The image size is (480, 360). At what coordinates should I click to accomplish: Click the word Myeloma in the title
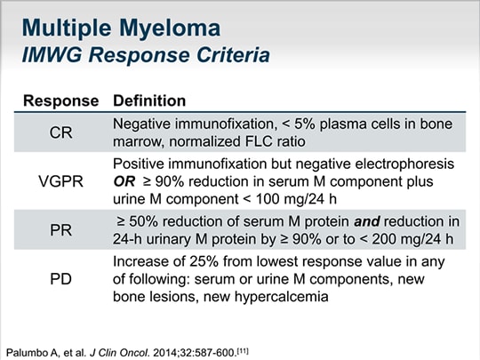(170, 29)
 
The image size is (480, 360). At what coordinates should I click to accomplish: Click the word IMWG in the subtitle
(52, 55)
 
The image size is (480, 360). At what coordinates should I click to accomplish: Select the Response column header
(61, 101)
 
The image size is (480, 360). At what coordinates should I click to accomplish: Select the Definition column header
(149, 100)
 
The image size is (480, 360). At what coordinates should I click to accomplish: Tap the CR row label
(61, 132)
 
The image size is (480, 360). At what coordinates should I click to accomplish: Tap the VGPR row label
(61, 181)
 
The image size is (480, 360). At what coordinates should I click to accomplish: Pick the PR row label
(61, 230)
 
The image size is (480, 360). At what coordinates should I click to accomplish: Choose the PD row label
(61, 279)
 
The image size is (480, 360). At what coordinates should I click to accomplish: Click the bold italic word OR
(124, 182)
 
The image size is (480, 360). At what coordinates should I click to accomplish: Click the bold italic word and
(367, 221)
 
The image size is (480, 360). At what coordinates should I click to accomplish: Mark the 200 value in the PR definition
(384, 239)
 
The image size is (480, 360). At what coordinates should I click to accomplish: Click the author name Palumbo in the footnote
(25, 353)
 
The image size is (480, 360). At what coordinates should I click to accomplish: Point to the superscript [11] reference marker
(244, 350)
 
